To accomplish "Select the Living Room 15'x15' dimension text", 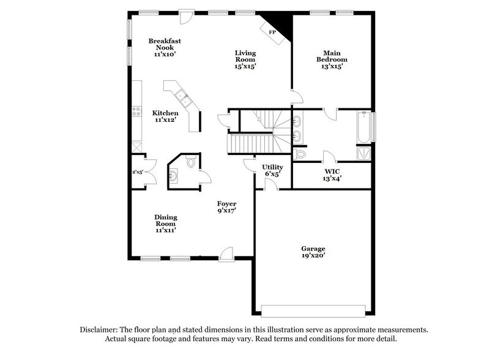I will coord(245,67).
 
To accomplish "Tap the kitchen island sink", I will coord(181,95).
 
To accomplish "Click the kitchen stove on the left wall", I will coord(136,111).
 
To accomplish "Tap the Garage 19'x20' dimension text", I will coord(313,256).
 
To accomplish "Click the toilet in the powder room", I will coord(190,162).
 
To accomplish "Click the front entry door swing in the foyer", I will coord(227,253).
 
